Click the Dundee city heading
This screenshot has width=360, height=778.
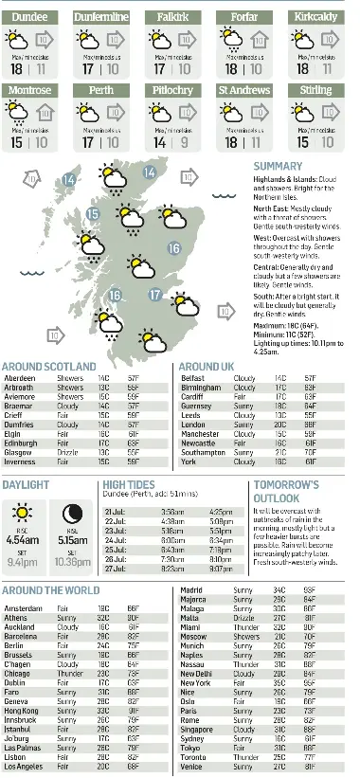(x=28, y=17)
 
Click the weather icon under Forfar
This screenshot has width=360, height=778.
(x=231, y=40)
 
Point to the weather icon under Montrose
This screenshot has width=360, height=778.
(x=16, y=114)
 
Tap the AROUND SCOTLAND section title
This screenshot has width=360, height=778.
(x=49, y=366)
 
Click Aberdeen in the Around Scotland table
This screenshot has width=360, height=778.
(x=20, y=377)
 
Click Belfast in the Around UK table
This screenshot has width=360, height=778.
(x=192, y=377)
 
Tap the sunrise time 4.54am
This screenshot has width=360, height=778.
(x=22, y=539)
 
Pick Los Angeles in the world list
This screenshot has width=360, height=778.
(x=25, y=768)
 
